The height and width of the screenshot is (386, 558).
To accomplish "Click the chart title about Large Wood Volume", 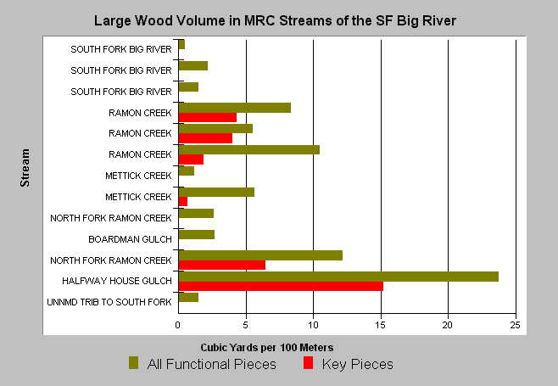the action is [x=275, y=20].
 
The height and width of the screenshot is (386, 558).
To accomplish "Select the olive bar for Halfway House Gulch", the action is [x=338, y=277].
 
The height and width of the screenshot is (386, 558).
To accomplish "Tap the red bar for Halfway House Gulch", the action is [x=281, y=286].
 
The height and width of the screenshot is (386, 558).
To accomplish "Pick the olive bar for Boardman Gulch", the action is [x=197, y=235].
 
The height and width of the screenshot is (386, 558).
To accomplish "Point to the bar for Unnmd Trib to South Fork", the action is [x=188, y=297].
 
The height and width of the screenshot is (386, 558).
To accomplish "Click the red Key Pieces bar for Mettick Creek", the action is [x=183, y=202].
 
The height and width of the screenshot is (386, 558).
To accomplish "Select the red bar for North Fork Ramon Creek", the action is [x=222, y=265].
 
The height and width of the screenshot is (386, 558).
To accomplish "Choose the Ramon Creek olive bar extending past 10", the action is [x=249, y=149].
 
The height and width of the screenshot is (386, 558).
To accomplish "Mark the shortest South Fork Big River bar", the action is [x=181, y=44].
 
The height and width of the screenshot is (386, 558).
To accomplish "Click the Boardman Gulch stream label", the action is [x=130, y=239].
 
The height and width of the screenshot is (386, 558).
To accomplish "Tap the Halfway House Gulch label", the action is [x=117, y=281].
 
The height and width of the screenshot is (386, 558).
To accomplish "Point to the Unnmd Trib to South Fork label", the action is [x=109, y=302].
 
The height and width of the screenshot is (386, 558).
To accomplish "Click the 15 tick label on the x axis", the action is [x=381, y=325].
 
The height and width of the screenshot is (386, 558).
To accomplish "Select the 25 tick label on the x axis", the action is [x=515, y=325].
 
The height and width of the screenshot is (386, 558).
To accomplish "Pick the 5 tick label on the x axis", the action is [x=246, y=325].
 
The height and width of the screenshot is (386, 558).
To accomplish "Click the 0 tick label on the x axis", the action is [x=177, y=325].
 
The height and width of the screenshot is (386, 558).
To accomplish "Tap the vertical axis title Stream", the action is [x=25, y=168].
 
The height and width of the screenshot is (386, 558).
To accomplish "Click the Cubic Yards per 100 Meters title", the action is [x=267, y=348].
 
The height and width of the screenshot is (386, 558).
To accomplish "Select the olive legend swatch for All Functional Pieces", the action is [x=133, y=363].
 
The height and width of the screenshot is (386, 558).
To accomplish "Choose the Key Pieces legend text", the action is [x=358, y=364].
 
